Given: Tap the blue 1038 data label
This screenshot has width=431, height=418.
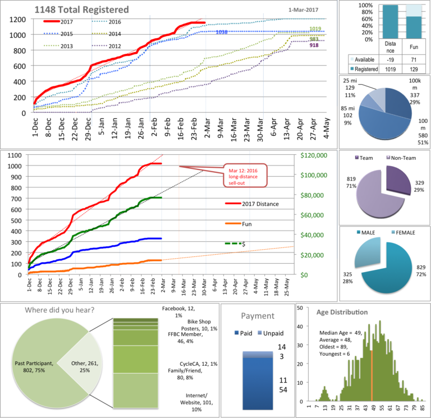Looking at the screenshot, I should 223,33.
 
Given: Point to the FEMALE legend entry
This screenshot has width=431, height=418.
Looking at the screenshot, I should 406,232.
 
